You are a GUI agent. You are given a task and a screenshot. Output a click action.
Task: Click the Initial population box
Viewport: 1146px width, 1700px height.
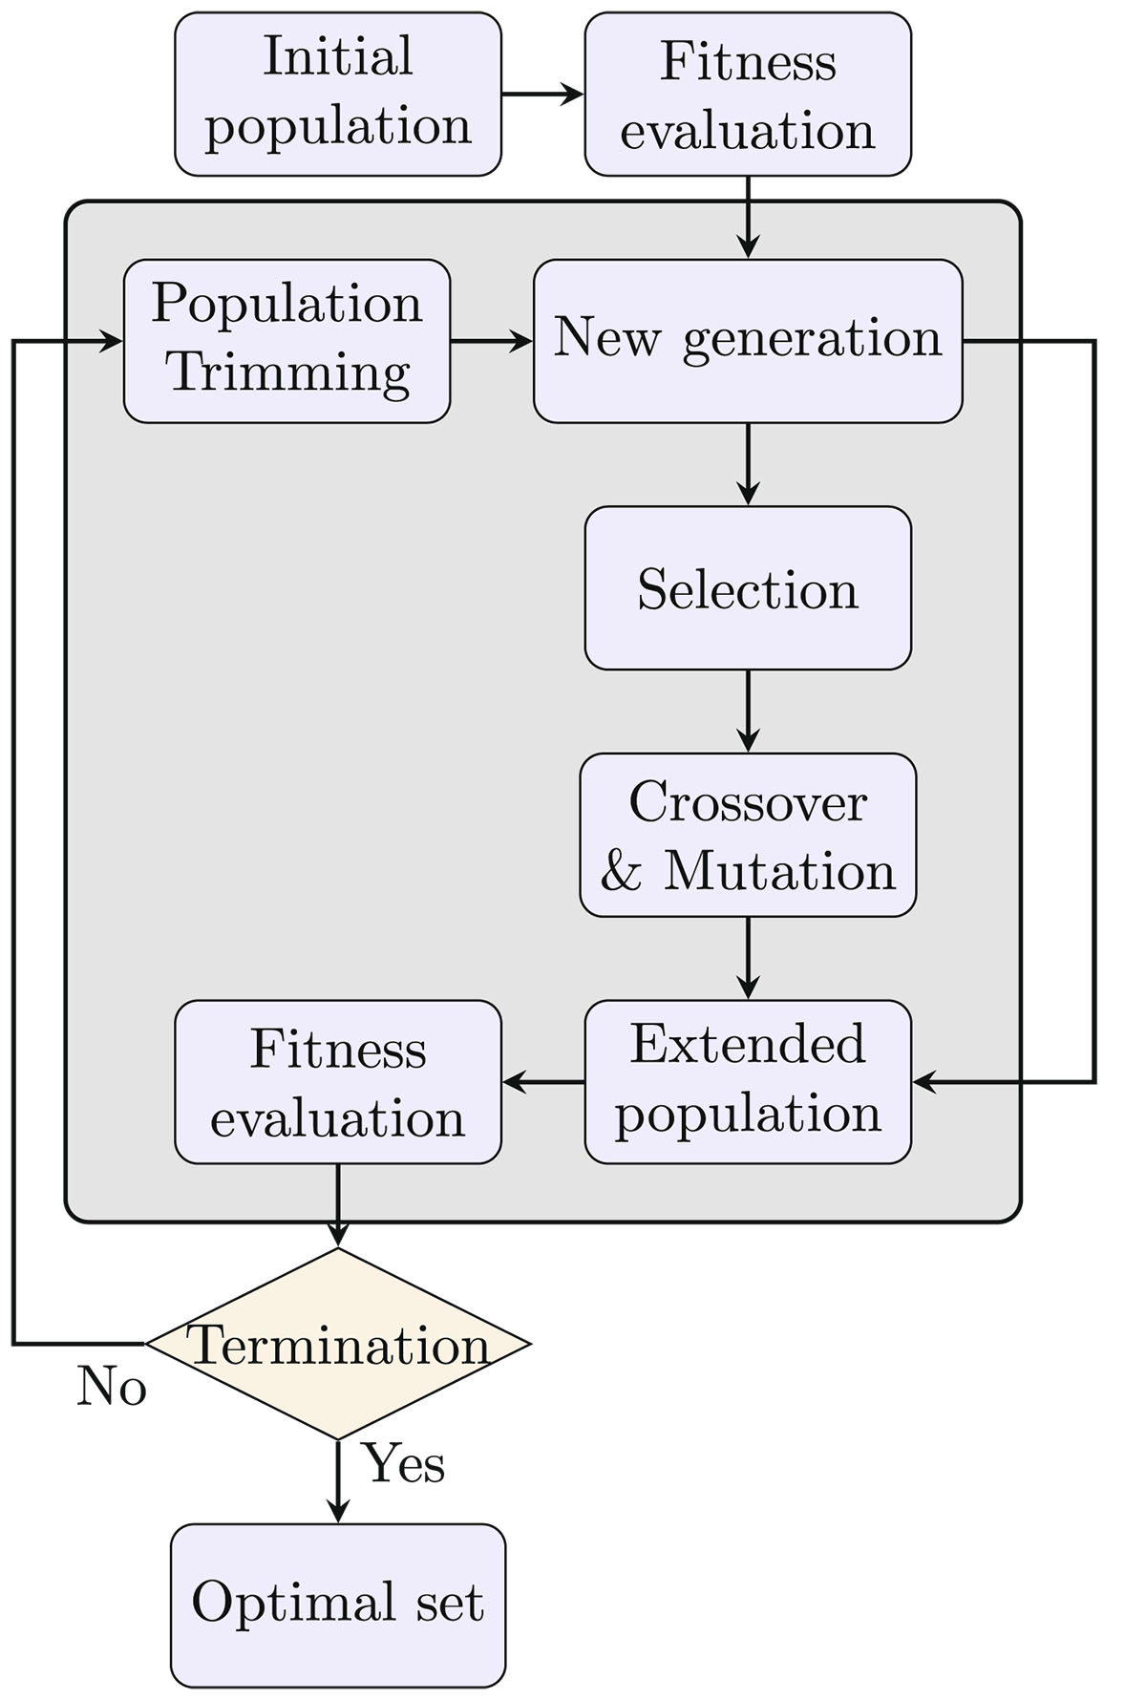click(338, 94)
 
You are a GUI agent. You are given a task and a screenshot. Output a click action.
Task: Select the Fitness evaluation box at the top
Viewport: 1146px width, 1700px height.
click(748, 94)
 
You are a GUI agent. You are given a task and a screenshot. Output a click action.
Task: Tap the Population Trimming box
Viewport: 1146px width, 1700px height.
click(286, 341)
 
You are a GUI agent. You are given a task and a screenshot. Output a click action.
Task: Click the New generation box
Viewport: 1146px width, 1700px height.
click(748, 341)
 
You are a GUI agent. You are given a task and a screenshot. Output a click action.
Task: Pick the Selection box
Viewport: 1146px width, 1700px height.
click(748, 588)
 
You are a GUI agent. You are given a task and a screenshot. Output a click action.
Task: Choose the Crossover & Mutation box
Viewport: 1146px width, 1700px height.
click(748, 835)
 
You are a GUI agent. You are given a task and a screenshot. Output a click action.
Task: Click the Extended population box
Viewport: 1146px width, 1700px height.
click(748, 1082)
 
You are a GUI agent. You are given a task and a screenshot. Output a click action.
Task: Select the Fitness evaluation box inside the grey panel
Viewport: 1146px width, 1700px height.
click(338, 1082)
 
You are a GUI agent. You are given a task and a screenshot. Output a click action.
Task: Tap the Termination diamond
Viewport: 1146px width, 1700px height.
click(338, 1344)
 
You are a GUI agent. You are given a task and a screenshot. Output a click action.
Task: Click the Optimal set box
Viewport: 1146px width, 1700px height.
click(338, 1604)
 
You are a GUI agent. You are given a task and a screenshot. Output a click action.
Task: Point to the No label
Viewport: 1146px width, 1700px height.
click(112, 1387)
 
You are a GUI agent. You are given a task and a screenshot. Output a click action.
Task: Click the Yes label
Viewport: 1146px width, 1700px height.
click(405, 1463)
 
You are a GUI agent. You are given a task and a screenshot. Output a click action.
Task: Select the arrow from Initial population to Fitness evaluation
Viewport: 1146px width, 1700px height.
click(542, 94)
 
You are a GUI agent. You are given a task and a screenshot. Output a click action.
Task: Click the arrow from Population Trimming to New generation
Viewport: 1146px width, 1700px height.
click(491, 341)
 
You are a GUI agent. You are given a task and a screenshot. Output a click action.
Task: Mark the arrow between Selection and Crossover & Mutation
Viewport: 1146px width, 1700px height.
click(748, 712)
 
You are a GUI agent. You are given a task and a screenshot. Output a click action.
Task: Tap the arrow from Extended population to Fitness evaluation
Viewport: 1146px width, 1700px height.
click(542, 1082)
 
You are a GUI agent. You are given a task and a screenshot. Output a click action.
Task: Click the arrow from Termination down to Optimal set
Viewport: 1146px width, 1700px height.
click(338, 1480)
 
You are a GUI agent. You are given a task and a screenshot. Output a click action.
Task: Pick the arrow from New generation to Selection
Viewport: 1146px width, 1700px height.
click(748, 464)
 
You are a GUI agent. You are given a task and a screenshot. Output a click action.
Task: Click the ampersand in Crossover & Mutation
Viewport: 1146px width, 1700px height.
click(622, 871)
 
